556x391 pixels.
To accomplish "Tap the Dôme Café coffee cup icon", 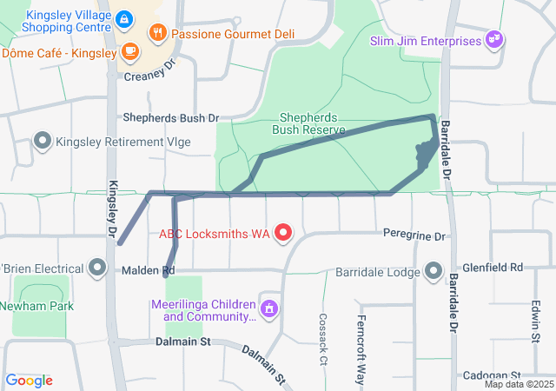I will pyautogui.click(x=129, y=53).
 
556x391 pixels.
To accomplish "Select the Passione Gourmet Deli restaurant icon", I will pyautogui.click(x=157, y=34).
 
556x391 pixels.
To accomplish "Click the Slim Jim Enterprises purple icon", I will pyautogui.click(x=494, y=40).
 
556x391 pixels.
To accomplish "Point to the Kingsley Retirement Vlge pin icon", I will pyautogui.click(x=42, y=141).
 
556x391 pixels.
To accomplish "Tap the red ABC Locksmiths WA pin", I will pyautogui.click(x=282, y=233).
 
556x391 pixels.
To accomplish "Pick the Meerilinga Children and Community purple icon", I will pyautogui.click(x=270, y=308).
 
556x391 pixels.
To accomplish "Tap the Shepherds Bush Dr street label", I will pyautogui.click(x=171, y=117).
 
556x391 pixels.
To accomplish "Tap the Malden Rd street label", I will pyautogui.click(x=149, y=271).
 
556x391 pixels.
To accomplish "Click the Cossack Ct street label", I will pyautogui.click(x=322, y=339).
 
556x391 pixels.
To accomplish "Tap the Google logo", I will pyautogui.click(x=30, y=380).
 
